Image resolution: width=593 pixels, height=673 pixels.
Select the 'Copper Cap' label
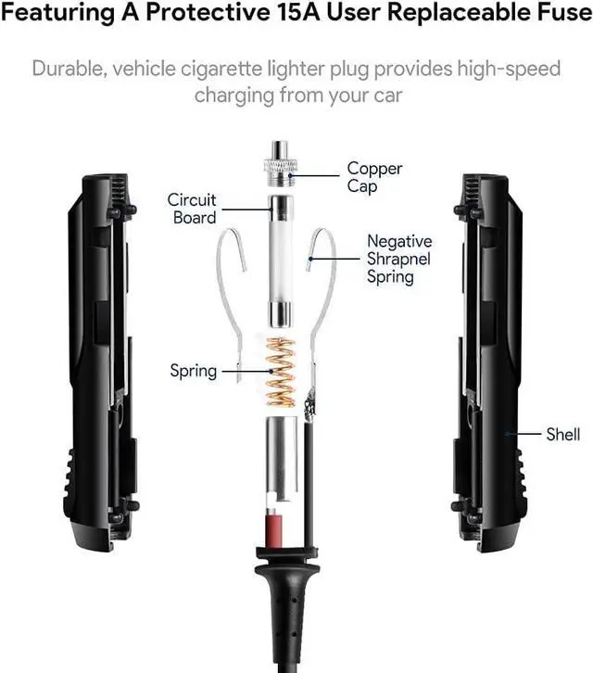[374, 177]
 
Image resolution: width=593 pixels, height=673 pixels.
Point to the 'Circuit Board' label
[192, 209]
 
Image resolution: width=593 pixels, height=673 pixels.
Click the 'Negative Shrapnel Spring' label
[398, 259]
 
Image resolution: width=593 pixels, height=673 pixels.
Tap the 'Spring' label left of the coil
[193, 371]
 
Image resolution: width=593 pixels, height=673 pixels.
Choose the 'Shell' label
[562, 433]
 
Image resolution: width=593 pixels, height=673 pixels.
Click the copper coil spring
[278, 371]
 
